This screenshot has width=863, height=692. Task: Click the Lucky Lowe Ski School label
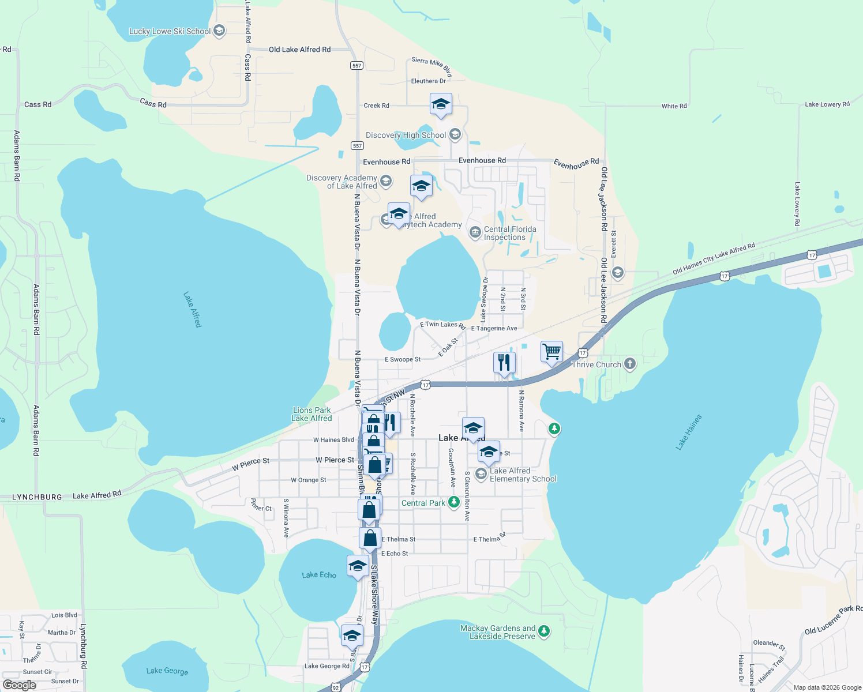point(170,31)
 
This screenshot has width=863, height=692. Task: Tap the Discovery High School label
point(406,135)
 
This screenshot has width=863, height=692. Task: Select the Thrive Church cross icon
point(630,364)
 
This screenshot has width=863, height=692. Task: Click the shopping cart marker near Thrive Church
point(551,351)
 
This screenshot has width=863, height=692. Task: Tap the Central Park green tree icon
point(453,502)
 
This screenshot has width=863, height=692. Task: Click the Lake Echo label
point(319,575)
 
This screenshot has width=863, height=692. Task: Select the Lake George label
point(167,671)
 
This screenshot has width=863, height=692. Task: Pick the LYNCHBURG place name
point(37,497)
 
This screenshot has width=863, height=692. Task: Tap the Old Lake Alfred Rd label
point(299,50)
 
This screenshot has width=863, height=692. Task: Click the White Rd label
point(674,106)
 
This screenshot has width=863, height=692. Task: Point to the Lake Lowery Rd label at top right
point(827,104)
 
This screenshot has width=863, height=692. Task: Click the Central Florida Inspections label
point(509,233)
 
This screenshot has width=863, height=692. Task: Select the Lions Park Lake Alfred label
point(312,414)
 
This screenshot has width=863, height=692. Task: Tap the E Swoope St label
point(403,359)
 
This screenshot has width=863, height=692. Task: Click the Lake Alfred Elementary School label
point(523,475)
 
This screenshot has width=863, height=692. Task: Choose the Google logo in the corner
point(20,685)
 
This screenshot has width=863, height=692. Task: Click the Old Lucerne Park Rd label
point(833,619)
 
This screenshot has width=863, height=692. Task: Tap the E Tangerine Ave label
point(494,328)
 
